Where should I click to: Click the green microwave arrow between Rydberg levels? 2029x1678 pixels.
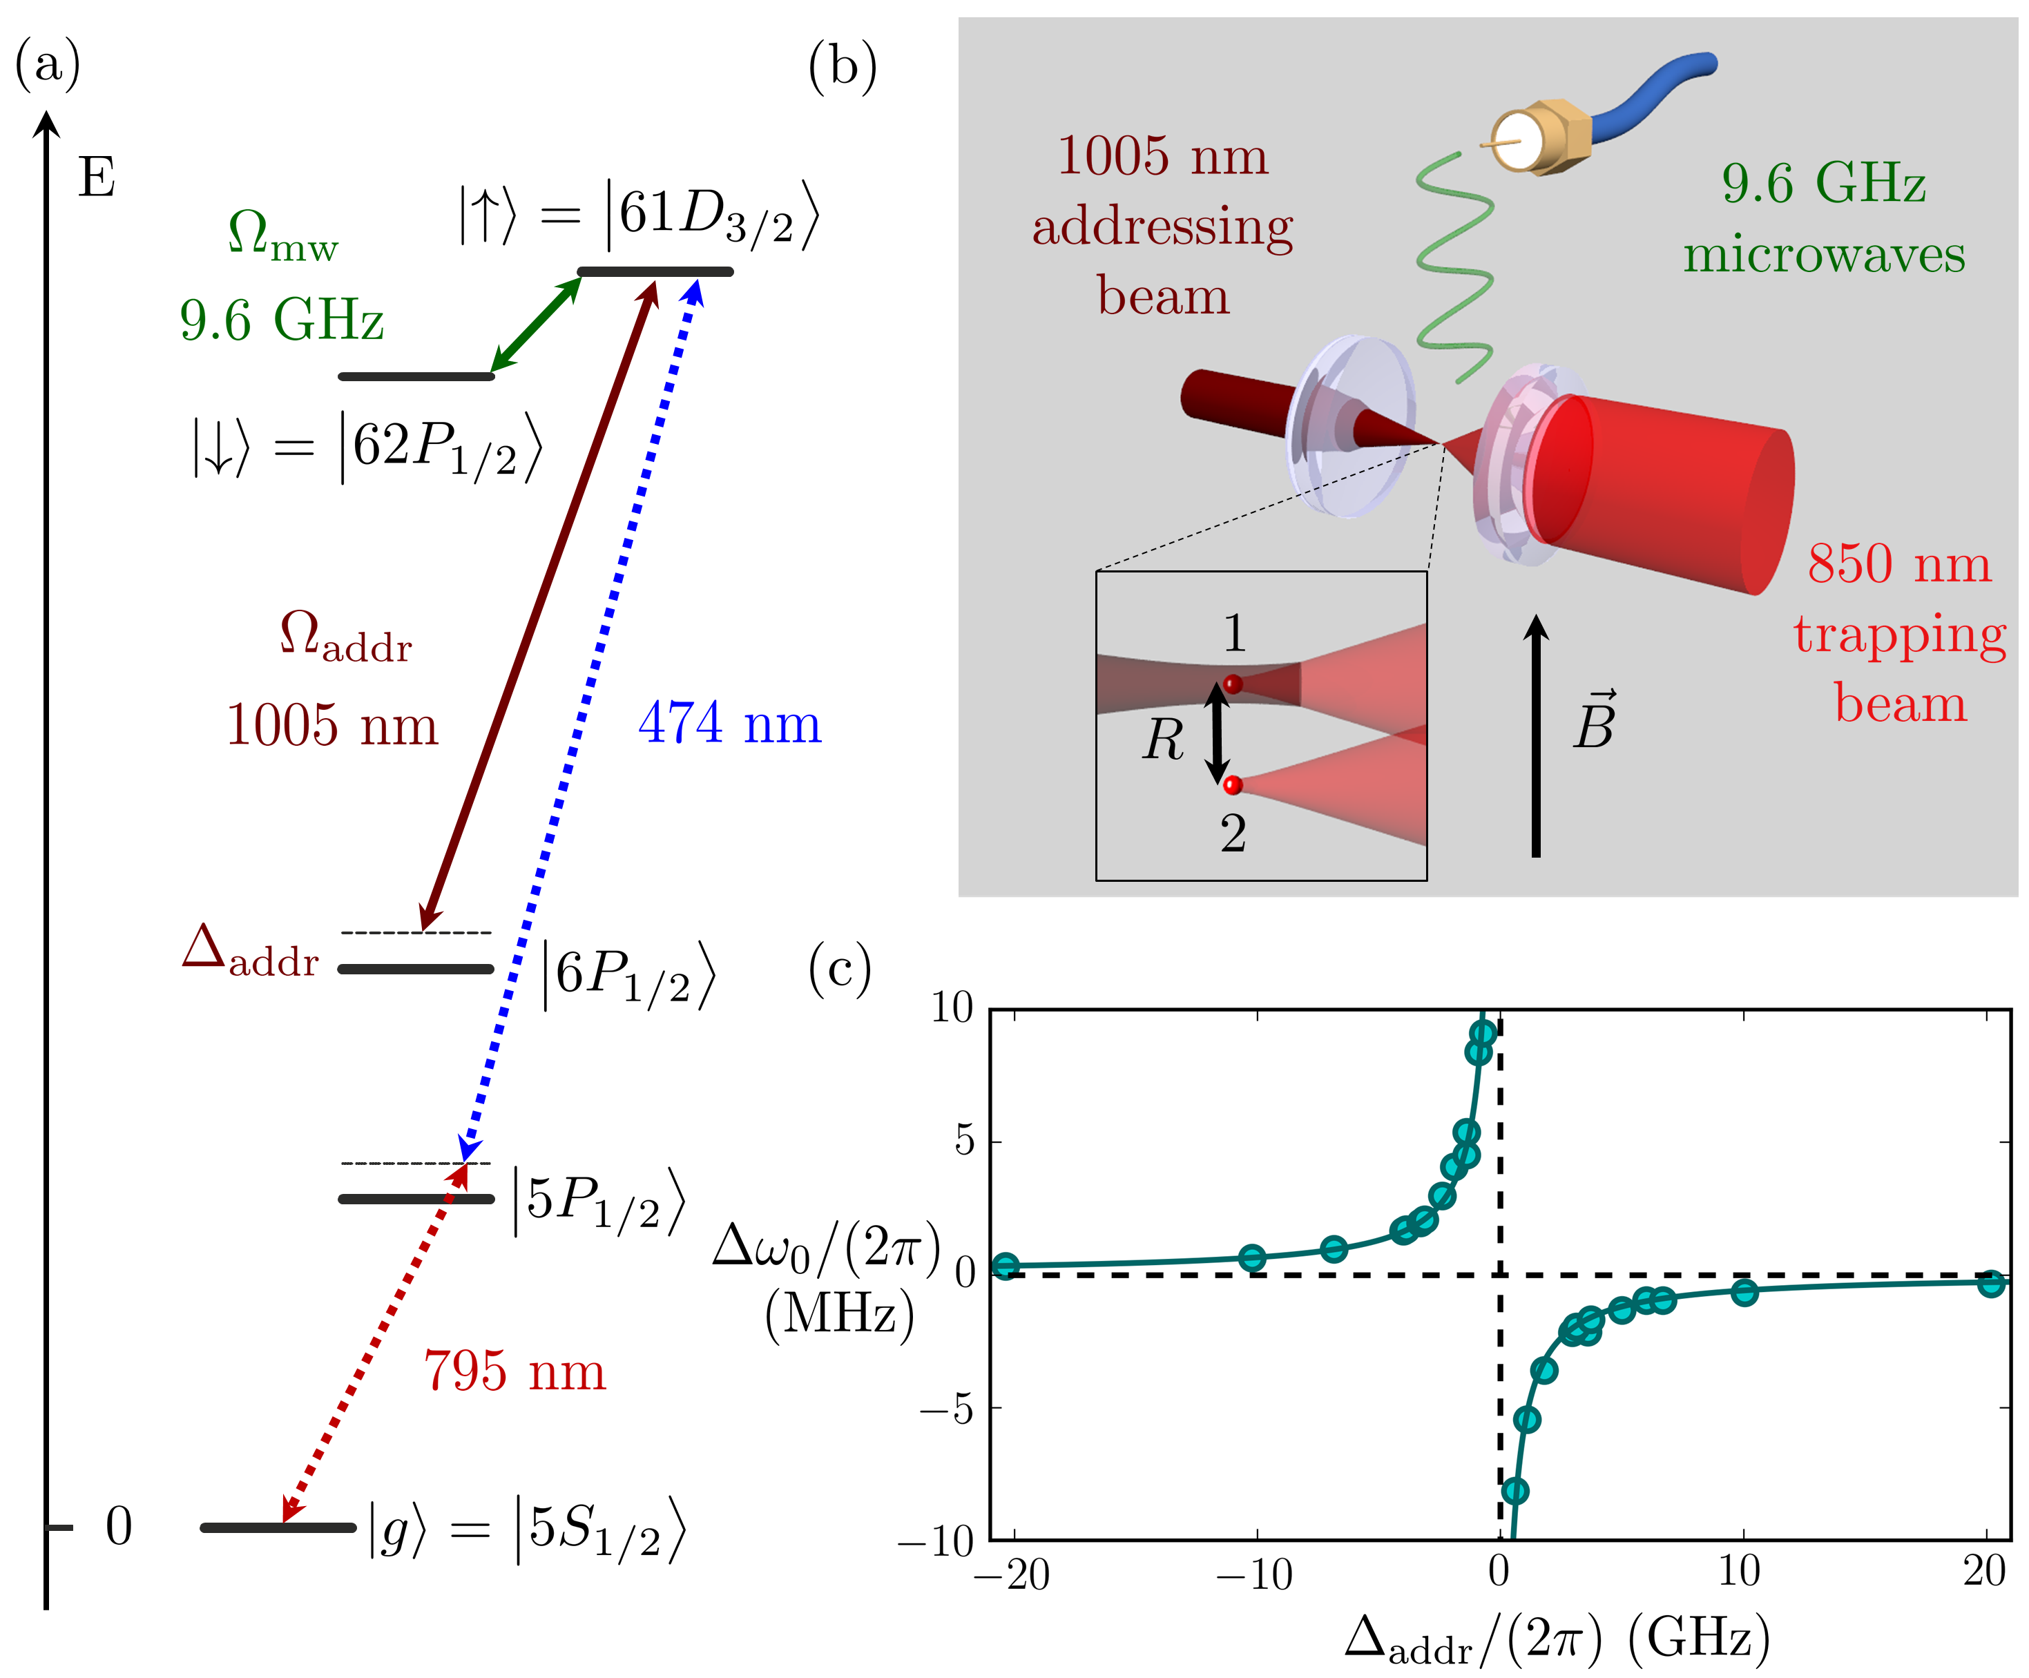tap(535, 325)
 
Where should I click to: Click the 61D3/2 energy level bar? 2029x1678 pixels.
tap(655, 271)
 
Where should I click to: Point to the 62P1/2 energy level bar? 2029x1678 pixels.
tap(416, 376)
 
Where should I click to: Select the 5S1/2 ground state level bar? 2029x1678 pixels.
tap(278, 1527)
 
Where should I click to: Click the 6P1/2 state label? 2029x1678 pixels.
tap(628, 976)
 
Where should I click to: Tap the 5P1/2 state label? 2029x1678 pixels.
tap(599, 1203)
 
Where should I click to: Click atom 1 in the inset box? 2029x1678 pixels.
tap(1233, 684)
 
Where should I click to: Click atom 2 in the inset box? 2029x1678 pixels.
tap(1233, 785)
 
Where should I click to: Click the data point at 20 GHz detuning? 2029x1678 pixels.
tap(1990, 1284)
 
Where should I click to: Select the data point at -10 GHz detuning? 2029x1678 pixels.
tap(1252, 1257)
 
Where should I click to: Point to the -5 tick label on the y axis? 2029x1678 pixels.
tap(947, 1409)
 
